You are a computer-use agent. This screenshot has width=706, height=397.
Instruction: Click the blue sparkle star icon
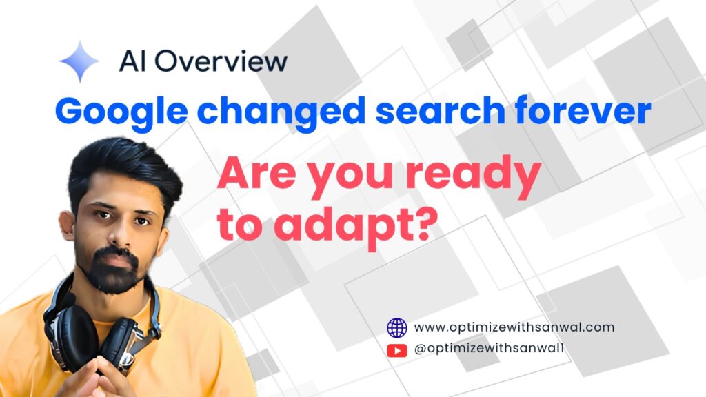[x=79, y=61]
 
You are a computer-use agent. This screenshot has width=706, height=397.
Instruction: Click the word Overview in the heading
[x=221, y=61]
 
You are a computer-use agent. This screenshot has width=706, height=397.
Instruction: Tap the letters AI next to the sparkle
[x=132, y=61]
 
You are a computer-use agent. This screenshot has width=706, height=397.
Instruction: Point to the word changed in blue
[x=281, y=112]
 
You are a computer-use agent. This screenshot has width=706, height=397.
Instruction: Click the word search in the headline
[x=440, y=110]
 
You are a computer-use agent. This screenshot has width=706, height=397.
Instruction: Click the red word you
[x=350, y=179]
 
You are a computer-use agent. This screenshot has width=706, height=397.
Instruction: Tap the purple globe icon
[x=396, y=327]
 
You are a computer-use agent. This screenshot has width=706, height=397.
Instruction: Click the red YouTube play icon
[x=396, y=350]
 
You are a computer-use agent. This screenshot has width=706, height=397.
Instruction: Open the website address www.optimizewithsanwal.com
[x=514, y=327]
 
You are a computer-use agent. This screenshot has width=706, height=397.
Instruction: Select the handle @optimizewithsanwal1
[x=489, y=348]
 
